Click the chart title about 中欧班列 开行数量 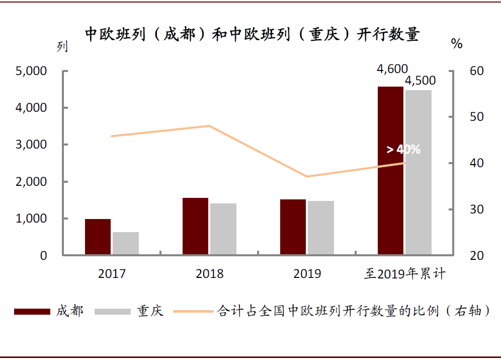pos(252,35)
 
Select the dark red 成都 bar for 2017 pos(98,237)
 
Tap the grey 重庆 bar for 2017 pos(125,244)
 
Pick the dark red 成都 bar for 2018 pos(195,227)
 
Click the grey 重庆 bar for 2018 pos(223,229)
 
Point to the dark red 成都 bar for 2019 pos(293,227)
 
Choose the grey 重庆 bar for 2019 pos(320,228)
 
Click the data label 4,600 pos(392,69)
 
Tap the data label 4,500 pos(420,81)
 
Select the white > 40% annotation pos(403,150)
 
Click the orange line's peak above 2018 pos(209,125)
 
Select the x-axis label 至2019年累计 pos(405,274)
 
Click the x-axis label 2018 pos(209,274)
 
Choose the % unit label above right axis pos(457,44)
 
